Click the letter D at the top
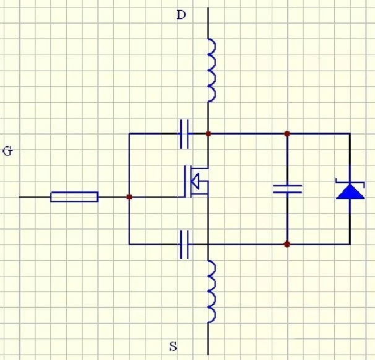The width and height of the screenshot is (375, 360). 181,15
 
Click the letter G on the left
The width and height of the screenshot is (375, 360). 8,151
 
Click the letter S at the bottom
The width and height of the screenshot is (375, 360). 173,346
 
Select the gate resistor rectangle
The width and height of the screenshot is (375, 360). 74,197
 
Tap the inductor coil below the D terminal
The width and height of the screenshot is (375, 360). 210,70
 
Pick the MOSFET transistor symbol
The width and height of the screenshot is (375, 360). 196,182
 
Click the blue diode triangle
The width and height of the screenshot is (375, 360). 350,191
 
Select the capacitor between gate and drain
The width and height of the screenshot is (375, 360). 184,133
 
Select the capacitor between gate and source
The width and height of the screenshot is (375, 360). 184,244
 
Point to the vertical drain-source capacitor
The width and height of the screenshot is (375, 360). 287,188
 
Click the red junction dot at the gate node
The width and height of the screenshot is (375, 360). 129,197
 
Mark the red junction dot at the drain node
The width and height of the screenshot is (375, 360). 209,133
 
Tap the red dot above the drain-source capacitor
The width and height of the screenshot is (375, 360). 287,133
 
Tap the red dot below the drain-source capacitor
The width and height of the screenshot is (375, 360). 287,244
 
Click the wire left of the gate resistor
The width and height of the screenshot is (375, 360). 35,197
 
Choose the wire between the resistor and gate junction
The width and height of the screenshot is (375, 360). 113,197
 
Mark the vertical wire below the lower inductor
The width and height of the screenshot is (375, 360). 209,338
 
